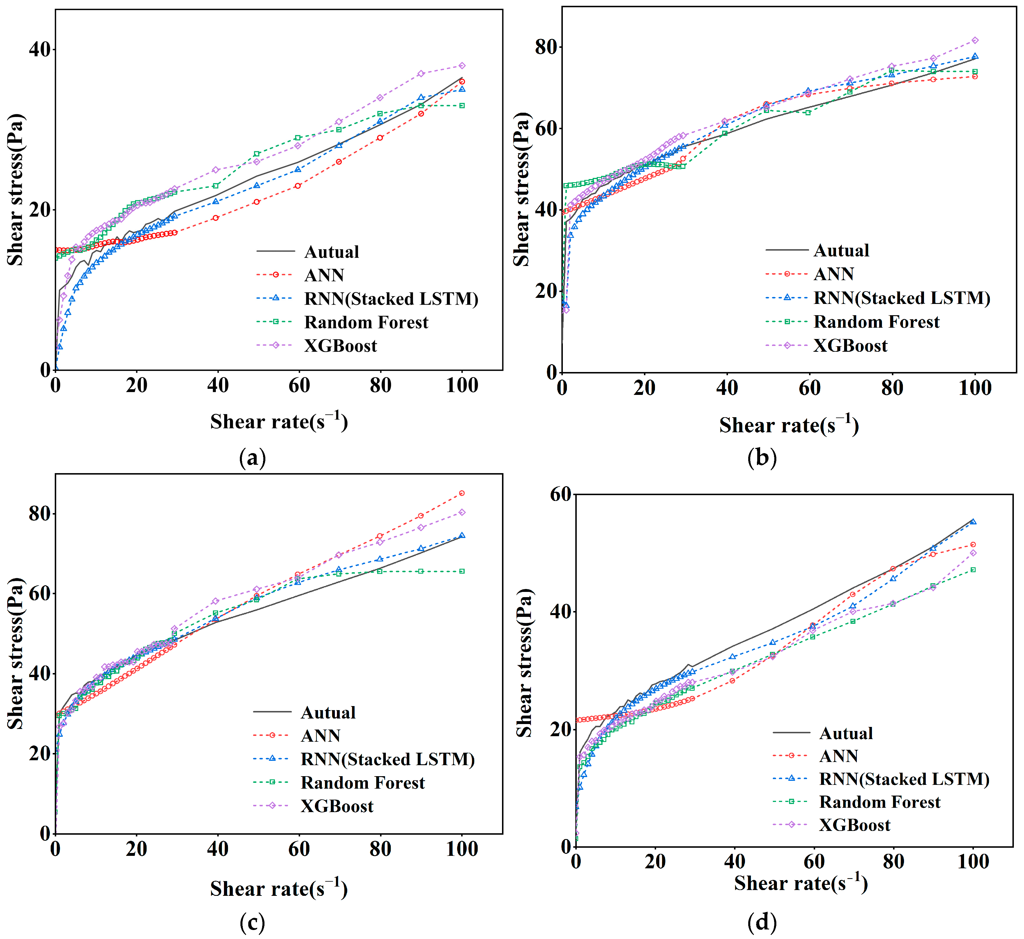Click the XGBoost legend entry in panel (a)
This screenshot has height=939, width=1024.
click(340, 346)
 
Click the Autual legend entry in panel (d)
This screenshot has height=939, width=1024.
click(846, 733)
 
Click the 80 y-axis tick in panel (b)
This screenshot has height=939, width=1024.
click(547, 47)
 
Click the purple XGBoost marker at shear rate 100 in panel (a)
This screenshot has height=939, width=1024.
click(462, 65)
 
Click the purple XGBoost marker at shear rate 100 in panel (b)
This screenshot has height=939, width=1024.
click(975, 40)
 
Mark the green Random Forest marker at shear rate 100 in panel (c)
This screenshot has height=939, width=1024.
click(462, 571)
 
